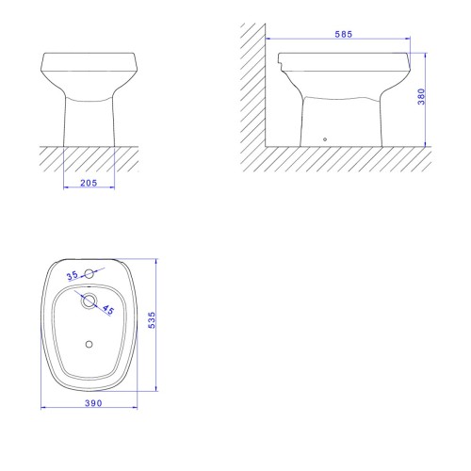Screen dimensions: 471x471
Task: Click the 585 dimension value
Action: pyautogui.click(x=344, y=34)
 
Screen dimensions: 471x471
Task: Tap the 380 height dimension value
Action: pyautogui.click(x=421, y=97)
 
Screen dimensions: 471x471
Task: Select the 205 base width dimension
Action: pyautogui.click(x=89, y=183)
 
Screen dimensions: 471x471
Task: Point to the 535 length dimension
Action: pyautogui.click(x=152, y=320)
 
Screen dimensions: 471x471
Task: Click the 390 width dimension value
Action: pyautogui.click(x=93, y=403)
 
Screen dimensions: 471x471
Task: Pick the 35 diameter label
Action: pyautogui.click(x=72, y=275)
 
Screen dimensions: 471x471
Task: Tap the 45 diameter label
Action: pyautogui.click(x=108, y=309)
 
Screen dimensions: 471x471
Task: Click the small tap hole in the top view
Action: pyautogui.click(x=89, y=274)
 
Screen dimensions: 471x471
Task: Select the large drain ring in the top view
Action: pyautogui.click(x=89, y=300)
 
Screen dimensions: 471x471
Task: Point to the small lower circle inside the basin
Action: pyautogui.click(x=89, y=344)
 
